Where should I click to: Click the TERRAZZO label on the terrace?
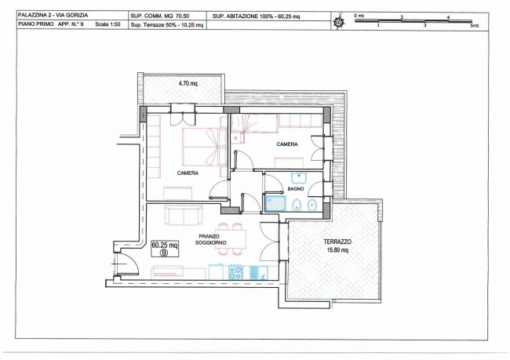(x=337, y=242)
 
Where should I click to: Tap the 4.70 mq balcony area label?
(x=188, y=83)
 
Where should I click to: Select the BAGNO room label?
(x=296, y=188)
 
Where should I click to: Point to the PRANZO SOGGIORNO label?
(x=211, y=240)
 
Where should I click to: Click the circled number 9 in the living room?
(x=164, y=253)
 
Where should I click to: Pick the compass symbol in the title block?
(x=339, y=22)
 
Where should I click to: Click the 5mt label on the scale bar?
(x=475, y=25)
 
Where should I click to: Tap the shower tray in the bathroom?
(x=275, y=204)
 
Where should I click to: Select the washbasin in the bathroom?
(x=298, y=177)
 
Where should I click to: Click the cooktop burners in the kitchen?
(x=236, y=273)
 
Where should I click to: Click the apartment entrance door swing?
(x=128, y=264)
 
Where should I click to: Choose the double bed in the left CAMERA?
(x=204, y=147)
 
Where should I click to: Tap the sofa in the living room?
(x=184, y=215)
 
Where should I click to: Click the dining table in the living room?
(x=231, y=238)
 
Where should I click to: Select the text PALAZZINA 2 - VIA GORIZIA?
(x=53, y=15)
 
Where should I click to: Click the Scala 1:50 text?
(x=107, y=24)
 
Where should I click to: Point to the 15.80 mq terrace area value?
(x=337, y=250)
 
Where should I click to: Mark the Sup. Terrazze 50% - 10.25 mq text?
(x=167, y=25)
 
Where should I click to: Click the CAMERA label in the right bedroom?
(x=287, y=144)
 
